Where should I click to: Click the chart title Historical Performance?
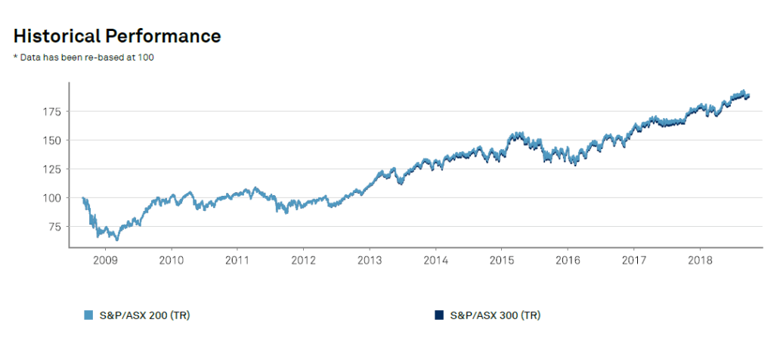[117, 36]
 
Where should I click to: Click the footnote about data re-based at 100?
[84, 58]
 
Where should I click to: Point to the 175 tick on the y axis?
[51, 112]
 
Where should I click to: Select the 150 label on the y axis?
[51, 141]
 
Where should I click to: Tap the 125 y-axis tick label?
[51, 169]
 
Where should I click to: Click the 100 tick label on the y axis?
[51, 198]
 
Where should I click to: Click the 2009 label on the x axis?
[104, 259]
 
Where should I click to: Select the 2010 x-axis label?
[172, 259]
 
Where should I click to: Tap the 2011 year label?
[237, 259]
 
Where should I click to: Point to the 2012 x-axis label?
[303, 259]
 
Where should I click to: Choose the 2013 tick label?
[370, 259]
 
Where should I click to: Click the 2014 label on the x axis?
[436, 259]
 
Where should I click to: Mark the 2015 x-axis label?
[502, 259]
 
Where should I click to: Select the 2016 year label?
[568, 259]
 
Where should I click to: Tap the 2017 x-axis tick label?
[634, 259]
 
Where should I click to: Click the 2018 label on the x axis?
[700, 259]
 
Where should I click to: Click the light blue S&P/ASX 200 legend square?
[88, 315]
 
